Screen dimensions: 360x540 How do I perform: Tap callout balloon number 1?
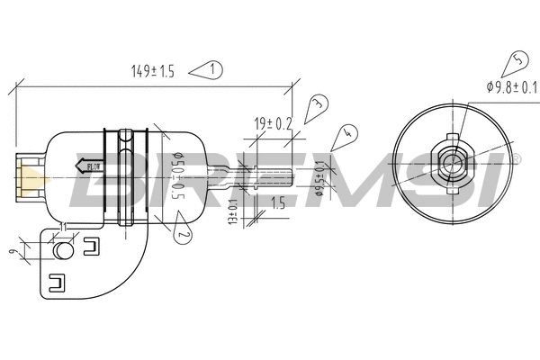[211, 69]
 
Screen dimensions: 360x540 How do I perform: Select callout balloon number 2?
[181, 236]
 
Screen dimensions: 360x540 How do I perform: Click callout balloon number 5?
[517, 63]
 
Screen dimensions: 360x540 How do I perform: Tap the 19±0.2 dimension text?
[273, 123]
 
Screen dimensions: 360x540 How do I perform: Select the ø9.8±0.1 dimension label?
[510, 87]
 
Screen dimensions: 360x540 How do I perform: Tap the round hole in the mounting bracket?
[64, 249]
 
